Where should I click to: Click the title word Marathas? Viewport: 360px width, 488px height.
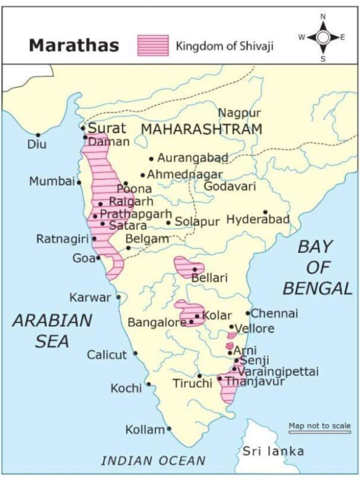[x=73, y=45]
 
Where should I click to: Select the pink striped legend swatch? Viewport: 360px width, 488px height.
[x=153, y=45]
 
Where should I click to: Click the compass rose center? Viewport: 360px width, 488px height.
[x=323, y=38]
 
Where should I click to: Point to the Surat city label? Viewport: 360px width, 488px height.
[x=107, y=128]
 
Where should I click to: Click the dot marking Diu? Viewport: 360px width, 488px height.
[x=38, y=135]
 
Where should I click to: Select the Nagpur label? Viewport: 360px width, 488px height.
[x=239, y=113]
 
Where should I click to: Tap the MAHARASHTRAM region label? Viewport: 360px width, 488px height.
[x=202, y=129]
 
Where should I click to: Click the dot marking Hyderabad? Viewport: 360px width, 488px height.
[x=265, y=212]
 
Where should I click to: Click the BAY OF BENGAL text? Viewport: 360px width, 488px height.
[x=317, y=267]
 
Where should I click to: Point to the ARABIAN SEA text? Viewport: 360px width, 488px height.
[x=52, y=330]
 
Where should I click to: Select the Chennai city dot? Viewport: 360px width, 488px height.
[x=248, y=313]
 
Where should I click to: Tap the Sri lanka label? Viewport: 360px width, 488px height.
[x=273, y=451]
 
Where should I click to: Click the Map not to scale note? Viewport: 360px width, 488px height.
[x=319, y=426]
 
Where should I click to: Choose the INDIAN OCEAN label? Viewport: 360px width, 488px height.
[x=154, y=460]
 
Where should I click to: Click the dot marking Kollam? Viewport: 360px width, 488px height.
[x=169, y=428]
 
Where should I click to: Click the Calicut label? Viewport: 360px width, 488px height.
[x=107, y=355]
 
